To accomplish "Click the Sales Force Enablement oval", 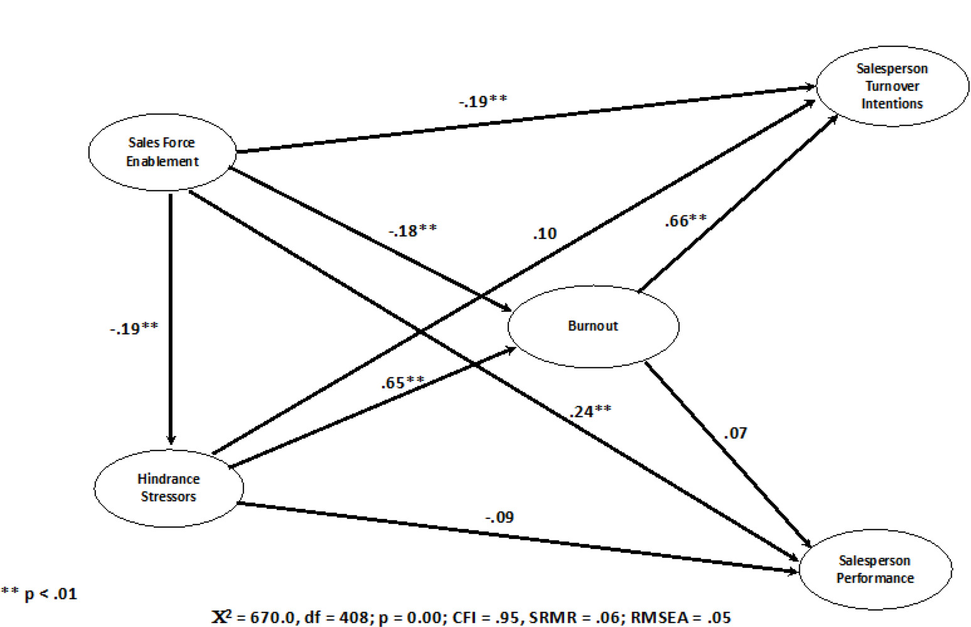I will click(x=162, y=152).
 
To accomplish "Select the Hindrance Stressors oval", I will click(x=168, y=488).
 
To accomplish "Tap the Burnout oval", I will click(x=593, y=326).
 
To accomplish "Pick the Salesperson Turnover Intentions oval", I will click(x=891, y=86).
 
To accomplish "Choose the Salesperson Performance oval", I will click(x=875, y=569).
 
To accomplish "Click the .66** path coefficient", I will click(x=685, y=220).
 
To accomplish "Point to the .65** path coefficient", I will click(x=402, y=382).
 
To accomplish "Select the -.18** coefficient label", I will click(x=412, y=230).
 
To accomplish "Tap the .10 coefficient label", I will click(x=544, y=233).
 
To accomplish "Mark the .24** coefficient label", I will click(x=590, y=411).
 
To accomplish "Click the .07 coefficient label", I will click(x=735, y=433).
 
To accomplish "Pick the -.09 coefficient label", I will click(x=499, y=517).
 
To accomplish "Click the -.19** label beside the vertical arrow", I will click(x=134, y=328).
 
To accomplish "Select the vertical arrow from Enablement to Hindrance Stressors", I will click(x=171, y=314).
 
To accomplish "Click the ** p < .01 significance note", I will click(x=39, y=594).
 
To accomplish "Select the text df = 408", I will click(x=336, y=618).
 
